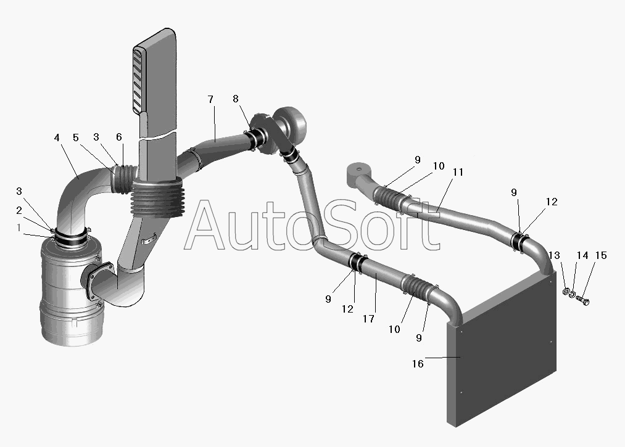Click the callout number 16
(418, 364)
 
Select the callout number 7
(211, 99)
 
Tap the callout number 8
(236, 99)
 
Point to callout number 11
(458, 172)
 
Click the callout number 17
(369, 319)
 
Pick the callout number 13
(554, 255)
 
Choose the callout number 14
(582, 255)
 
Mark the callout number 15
(601, 255)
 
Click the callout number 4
(57, 137)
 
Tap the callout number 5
(76, 137)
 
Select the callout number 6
(119, 137)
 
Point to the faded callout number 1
(19, 228)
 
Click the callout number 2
(19, 210)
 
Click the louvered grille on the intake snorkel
(138, 80)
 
